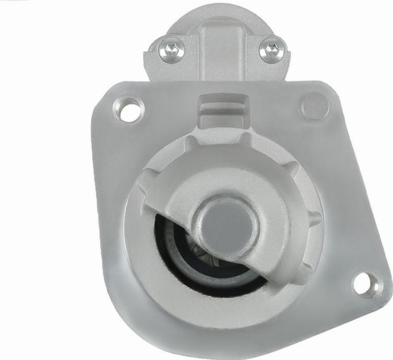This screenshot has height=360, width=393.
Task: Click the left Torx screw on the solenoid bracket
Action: click(171, 50)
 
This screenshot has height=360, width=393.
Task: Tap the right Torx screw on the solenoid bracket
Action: click(272, 50)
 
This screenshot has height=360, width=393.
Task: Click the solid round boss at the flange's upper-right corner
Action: click(315, 107)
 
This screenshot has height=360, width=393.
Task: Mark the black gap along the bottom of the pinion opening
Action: click(211, 287)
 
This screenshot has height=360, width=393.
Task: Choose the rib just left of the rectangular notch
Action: click(189, 142)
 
